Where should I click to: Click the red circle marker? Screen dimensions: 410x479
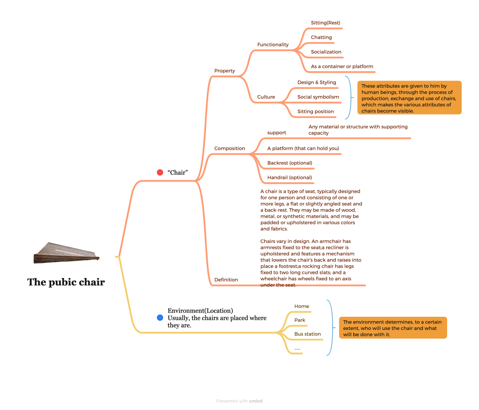[160, 173]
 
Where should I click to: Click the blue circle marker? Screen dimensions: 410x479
[160, 318]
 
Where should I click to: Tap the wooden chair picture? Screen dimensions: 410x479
[66, 253]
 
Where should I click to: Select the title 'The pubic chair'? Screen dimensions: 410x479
[66, 282]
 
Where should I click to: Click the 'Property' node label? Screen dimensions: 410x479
[225, 71]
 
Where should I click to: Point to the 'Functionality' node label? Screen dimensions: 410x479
[273, 44]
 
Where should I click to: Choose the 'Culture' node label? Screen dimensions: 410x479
[266, 97]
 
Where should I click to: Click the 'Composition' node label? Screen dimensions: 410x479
[229, 148]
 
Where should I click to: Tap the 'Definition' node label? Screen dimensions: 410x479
[226, 279]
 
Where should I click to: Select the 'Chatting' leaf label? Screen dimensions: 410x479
[321, 37]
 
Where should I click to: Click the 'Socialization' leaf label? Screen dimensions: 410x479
[326, 52]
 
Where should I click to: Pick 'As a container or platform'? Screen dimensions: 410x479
[342, 66]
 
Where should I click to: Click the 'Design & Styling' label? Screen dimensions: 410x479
[317, 82]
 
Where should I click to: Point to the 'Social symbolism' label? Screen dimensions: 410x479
[318, 97]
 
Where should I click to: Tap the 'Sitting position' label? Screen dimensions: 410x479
[316, 111]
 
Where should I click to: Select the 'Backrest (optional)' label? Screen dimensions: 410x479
[290, 163]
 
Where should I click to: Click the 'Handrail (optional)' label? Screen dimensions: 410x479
[290, 177]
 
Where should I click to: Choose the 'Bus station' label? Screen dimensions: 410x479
[307, 334]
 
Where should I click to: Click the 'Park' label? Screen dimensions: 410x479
[300, 320]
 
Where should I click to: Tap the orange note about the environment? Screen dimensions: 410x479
[392, 328]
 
